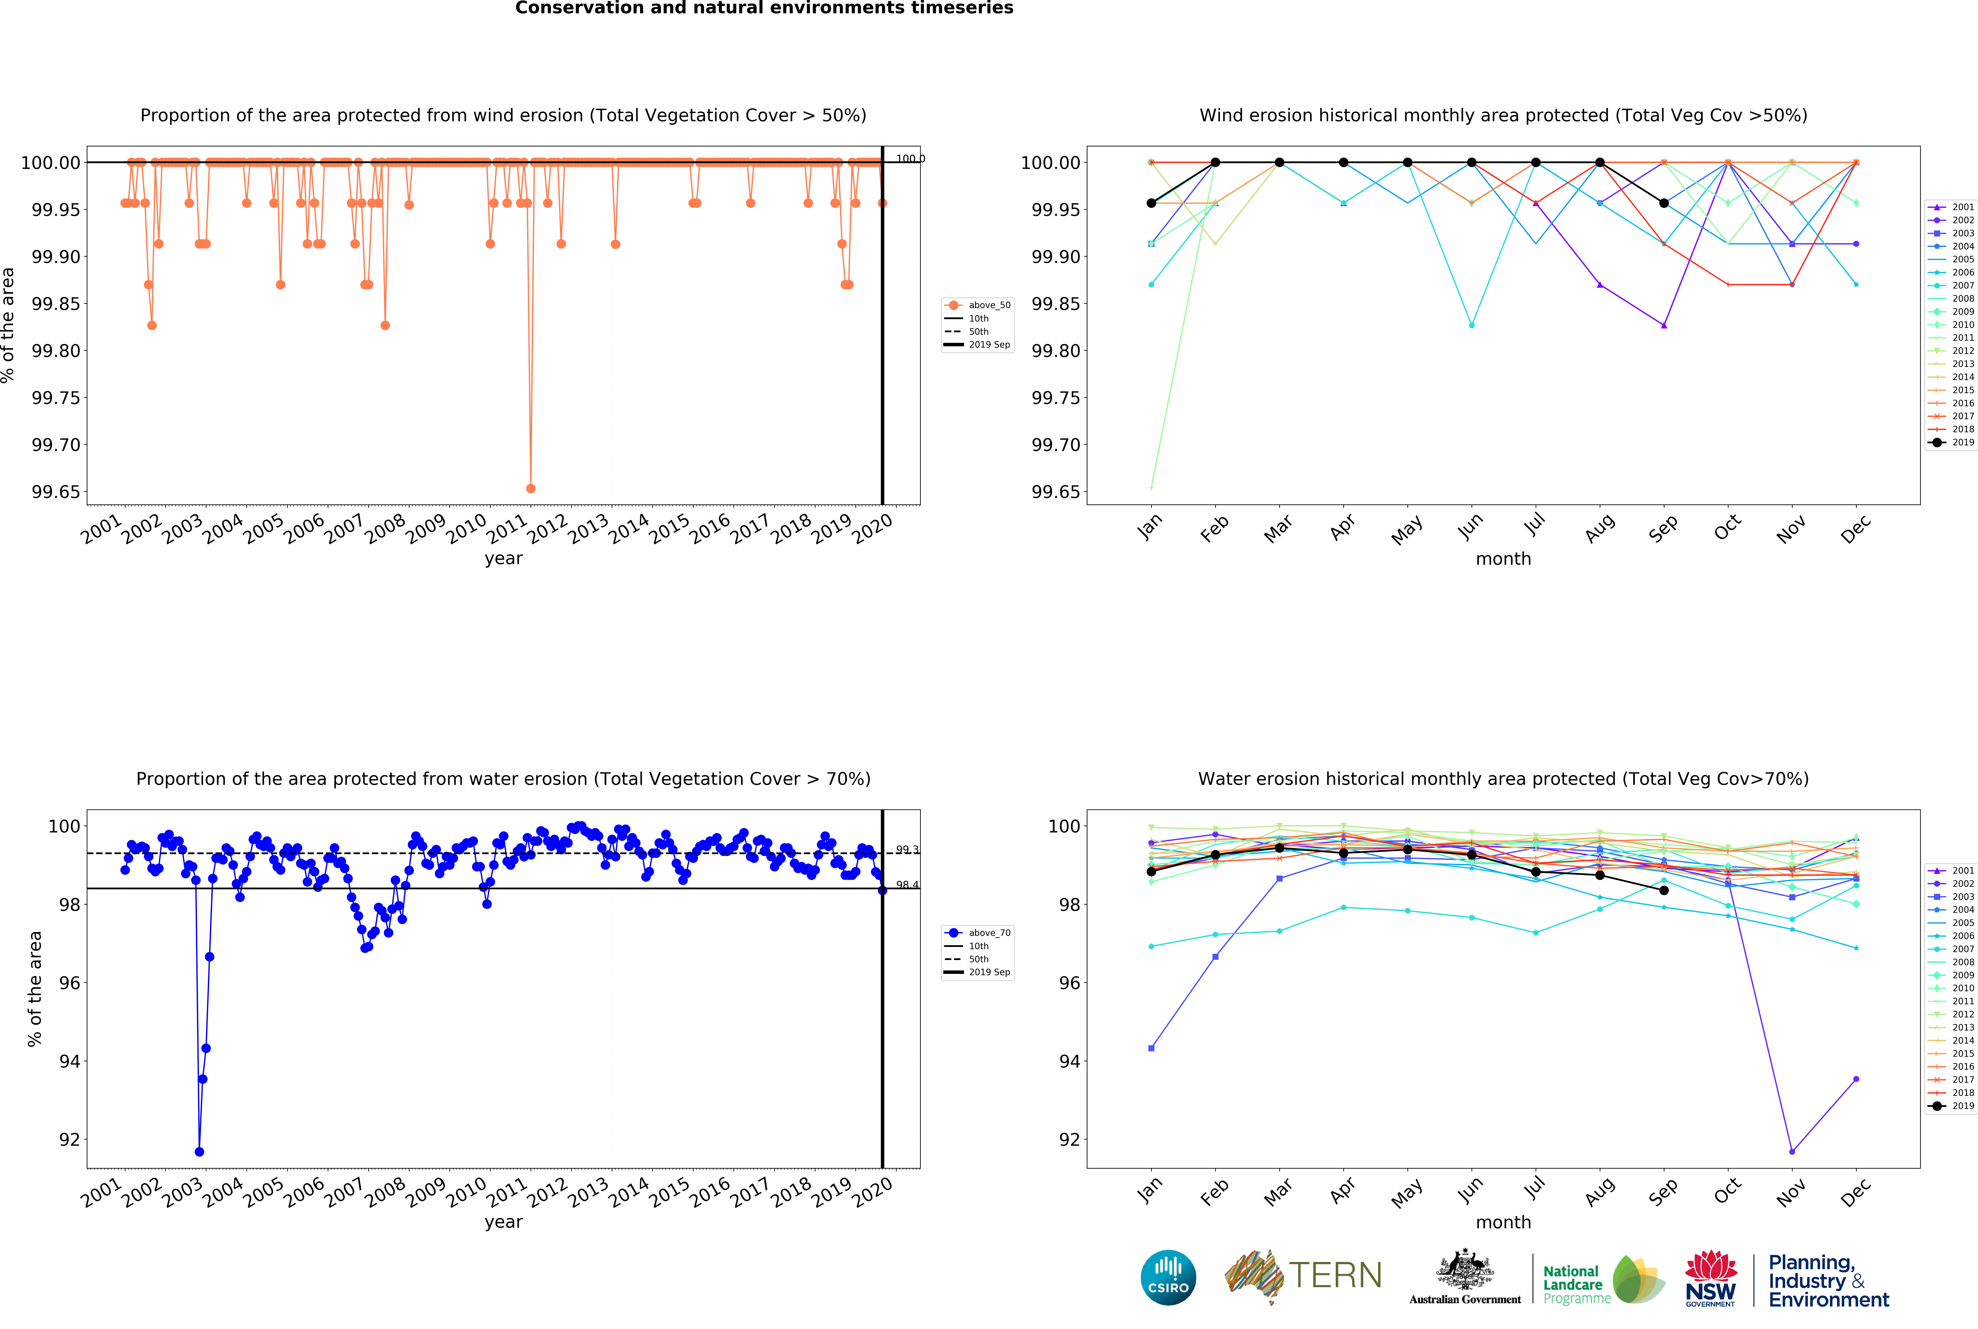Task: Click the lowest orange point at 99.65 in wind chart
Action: pos(531,488)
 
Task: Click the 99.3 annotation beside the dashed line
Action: pos(907,849)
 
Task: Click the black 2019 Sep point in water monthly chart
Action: pos(1663,890)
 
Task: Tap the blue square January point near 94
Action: pos(1151,1048)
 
